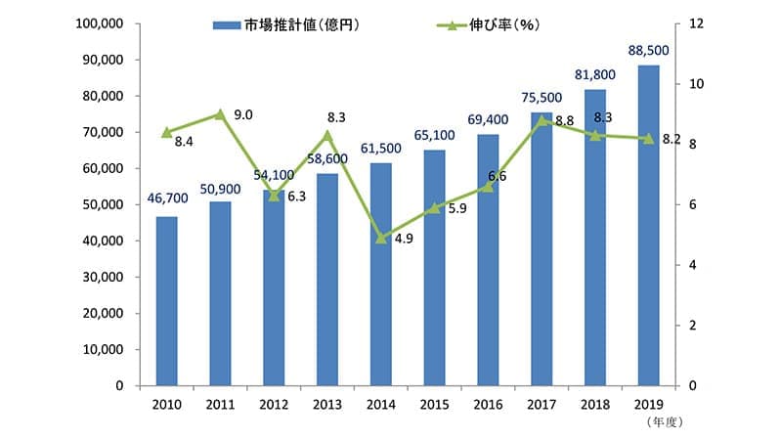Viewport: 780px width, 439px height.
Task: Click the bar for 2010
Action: pos(166,301)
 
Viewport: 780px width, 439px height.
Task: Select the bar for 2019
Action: pos(648,226)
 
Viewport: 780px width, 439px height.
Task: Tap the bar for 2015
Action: pos(434,268)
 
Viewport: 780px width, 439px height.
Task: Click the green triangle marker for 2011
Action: pos(220,114)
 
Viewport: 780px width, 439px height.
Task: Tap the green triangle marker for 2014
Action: pos(380,238)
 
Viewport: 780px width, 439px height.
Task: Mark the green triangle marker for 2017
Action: pos(542,120)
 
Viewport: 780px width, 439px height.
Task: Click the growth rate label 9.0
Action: pos(244,115)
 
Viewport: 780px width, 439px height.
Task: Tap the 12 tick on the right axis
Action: pos(695,23)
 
